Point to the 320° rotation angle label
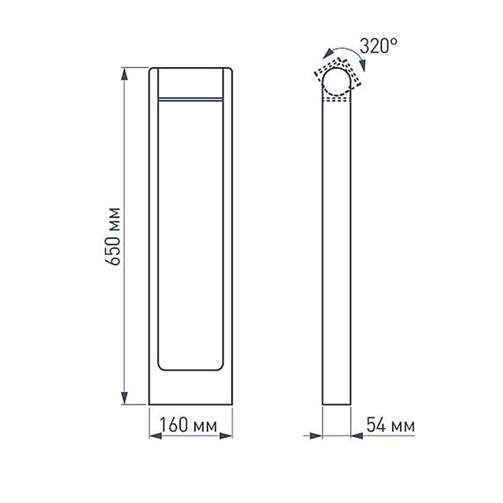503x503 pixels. [x=379, y=47]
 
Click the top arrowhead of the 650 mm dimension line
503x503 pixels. [x=126, y=73]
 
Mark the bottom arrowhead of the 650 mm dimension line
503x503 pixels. [x=126, y=399]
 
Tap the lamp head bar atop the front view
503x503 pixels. [x=191, y=83]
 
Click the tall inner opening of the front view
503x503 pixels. [x=191, y=234]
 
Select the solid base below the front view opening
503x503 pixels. [x=191, y=388]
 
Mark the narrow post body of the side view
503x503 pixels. [x=337, y=251]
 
